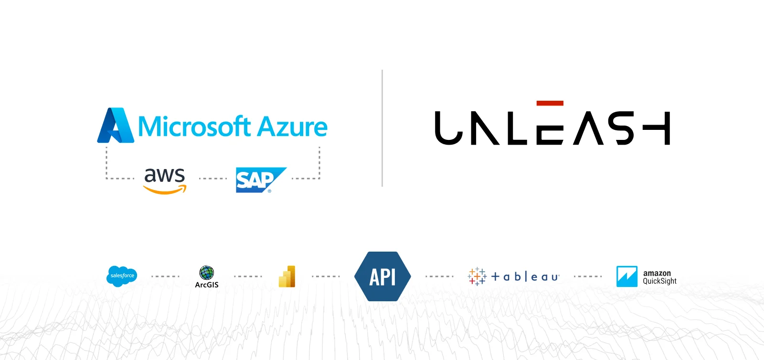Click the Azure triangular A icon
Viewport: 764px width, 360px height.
(x=115, y=125)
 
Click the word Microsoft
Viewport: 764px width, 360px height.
(x=194, y=126)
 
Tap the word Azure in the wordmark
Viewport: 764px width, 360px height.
(x=292, y=127)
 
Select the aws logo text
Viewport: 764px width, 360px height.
(x=164, y=176)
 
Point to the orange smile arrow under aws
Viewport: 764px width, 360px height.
(x=165, y=190)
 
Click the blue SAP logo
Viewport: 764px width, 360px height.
(x=261, y=180)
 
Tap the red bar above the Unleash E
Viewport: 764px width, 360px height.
(x=550, y=103)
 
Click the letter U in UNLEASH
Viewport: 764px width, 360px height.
(x=448, y=128)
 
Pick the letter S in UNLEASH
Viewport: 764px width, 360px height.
(x=621, y=128)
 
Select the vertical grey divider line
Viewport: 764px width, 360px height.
(x=382, y=128)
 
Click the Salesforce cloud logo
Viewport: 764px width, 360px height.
(x=122, y=276)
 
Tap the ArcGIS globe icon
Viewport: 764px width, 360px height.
(x=206, y=273)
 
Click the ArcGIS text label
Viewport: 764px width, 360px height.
(x=207, y=285)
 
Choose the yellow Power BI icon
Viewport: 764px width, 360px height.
(x=287, y=276)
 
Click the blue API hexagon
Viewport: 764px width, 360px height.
(x=382, y=276)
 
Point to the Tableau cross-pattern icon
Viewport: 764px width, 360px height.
(x=477, y=276)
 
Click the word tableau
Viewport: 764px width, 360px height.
(x=525, y=276)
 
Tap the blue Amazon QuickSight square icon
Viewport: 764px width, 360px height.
(x=627, y=276)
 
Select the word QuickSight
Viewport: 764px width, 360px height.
(x=659, y=281)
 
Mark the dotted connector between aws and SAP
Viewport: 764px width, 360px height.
(x=213, y=178)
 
